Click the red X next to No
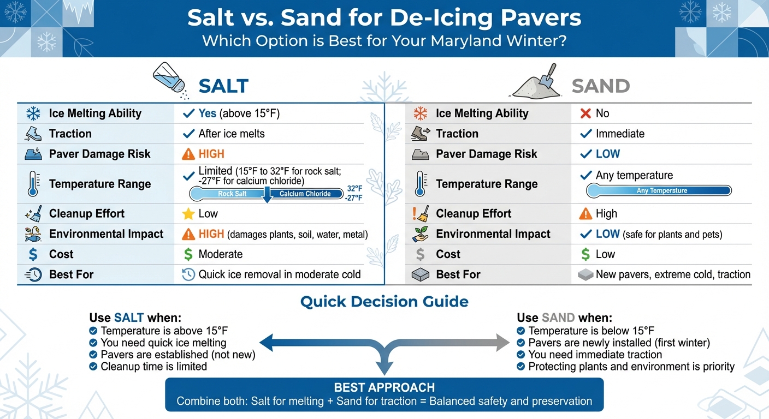[x=585, y=113]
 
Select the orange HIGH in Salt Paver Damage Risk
[x=211, y=154]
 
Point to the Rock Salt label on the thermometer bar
[x=233, y=194]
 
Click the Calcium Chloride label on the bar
[x=305, y=194]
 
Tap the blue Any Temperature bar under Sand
[x=658, y=190]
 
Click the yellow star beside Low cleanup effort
[x=188, y=214]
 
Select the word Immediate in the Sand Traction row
[x=620, y=134]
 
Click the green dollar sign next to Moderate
[x=188, y=254]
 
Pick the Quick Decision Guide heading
[x=384, y=302]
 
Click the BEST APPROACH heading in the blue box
[x=384, y=387]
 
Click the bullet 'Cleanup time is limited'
[x=153, y=367]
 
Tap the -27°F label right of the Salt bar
[x=353, y=198]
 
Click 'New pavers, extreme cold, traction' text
[x=673, y=274]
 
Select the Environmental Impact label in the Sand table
[x=493, y=234]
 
